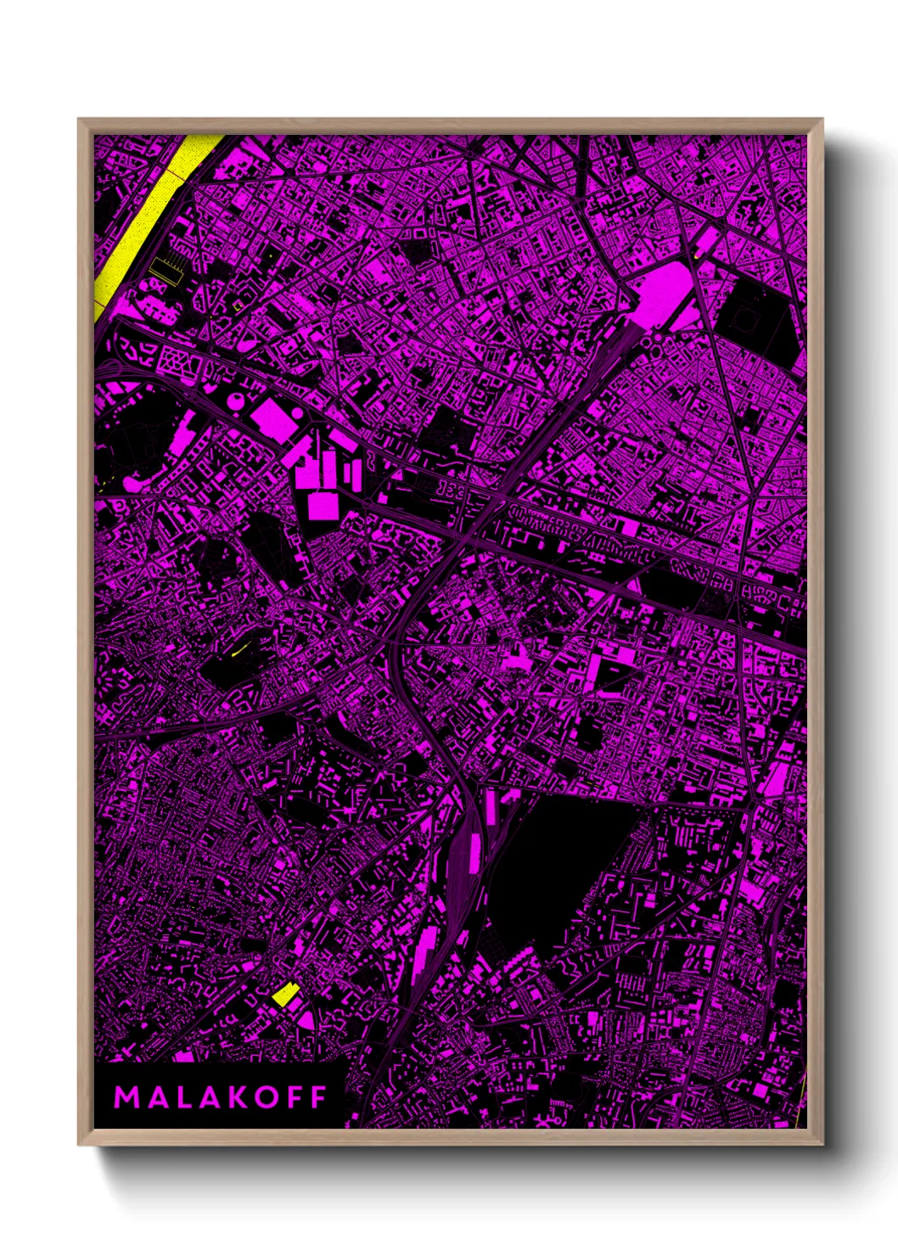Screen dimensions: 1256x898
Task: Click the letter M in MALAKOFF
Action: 125,1097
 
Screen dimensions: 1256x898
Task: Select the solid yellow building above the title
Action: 284,994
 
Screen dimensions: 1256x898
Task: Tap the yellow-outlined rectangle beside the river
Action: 167,270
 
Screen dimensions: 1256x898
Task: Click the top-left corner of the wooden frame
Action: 79,120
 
